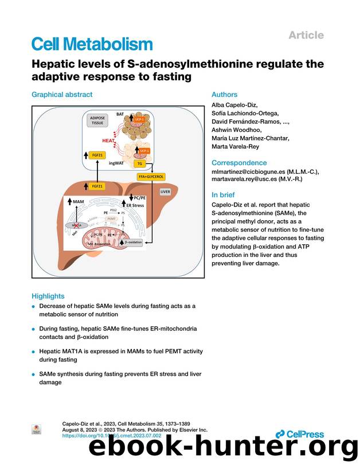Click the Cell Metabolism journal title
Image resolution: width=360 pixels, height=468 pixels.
92,44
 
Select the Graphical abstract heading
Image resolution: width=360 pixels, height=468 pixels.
61,95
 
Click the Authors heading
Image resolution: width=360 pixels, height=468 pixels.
224,95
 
